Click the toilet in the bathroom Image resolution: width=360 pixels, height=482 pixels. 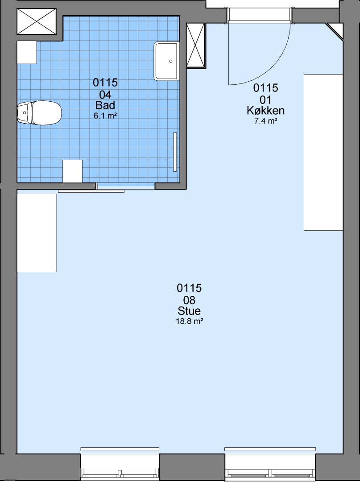39,113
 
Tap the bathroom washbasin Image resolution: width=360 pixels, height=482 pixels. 166,61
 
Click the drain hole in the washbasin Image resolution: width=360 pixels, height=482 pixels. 171,61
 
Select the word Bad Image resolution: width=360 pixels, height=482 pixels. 105,105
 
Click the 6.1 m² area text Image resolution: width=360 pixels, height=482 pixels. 105,116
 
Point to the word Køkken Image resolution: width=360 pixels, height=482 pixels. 266,110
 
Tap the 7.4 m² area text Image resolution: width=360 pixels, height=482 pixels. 266,121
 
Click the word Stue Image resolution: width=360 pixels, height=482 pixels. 189,311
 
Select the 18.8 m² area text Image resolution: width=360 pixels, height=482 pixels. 189,321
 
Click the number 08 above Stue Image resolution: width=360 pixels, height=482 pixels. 189,300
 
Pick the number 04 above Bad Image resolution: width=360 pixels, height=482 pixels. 105,94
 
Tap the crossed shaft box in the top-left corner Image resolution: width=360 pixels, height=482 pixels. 37,21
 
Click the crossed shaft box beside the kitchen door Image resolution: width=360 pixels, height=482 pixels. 195,45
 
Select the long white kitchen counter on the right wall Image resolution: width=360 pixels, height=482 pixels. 323,152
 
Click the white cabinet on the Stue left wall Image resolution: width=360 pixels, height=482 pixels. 37,233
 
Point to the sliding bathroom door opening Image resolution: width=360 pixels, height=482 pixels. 125,186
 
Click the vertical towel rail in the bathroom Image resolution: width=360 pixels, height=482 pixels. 175,152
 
